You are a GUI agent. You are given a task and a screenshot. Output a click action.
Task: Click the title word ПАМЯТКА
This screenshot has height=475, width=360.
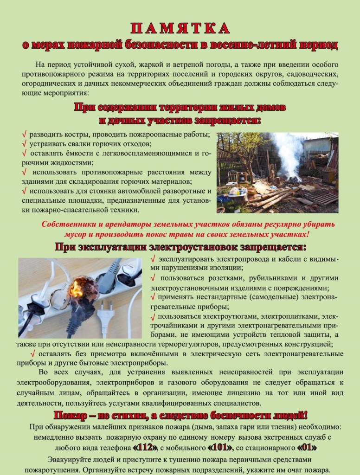[180, 29]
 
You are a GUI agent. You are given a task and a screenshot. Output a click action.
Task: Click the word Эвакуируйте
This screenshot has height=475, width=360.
[68, 459]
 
